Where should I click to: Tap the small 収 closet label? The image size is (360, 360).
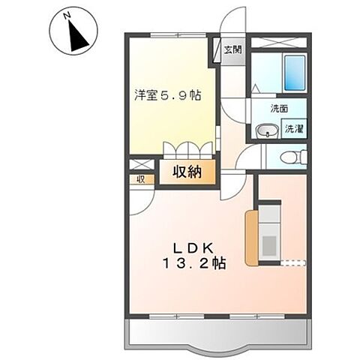click(139, 179)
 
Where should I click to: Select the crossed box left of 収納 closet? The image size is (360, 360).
click(140, 165)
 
